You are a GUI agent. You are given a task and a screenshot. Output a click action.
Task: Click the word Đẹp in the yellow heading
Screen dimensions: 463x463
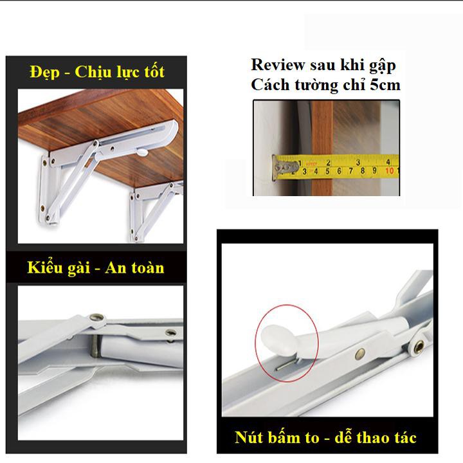tap(44, 72)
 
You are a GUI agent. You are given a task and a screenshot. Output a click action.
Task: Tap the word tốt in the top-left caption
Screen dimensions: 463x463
tap(154, 71)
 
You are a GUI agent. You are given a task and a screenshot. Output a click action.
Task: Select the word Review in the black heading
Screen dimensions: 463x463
tap(278, 64)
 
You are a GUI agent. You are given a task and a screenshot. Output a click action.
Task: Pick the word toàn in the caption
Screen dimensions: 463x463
tap(147, 268)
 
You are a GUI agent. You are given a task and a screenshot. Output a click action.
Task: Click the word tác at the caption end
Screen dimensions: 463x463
tap(404, 437)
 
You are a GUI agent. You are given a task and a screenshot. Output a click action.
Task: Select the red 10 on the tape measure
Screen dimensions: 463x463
tap(390, 170)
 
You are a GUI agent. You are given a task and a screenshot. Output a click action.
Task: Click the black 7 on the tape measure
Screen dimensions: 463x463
tap(350, 170)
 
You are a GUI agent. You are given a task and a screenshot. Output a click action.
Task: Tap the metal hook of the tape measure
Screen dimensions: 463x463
tap(284, 168)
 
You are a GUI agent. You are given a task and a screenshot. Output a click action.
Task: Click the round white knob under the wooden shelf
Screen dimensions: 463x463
tap(142, 152)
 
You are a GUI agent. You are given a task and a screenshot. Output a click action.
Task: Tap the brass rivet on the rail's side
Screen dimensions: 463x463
tap(359, 353)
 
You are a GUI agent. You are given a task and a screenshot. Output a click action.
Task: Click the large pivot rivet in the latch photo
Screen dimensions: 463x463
tap(97, 318)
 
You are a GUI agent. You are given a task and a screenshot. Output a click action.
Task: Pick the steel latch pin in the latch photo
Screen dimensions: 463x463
tap(95, 346)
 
